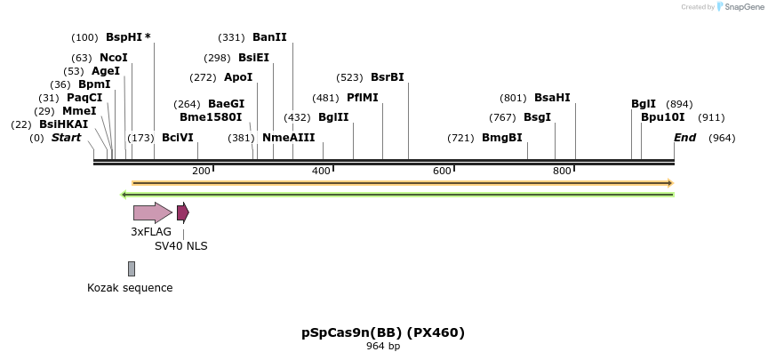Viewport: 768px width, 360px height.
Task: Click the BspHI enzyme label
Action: point(124,37)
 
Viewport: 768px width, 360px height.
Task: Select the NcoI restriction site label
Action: point(113,57)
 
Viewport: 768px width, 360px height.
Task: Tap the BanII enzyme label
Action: point(269,37)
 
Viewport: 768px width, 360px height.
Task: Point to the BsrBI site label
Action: point(387,77)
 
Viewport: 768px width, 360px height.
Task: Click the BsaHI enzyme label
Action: point(552,98)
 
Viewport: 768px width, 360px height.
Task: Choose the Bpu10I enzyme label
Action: point(662,117)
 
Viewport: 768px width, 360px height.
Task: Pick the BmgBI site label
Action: point(501,138)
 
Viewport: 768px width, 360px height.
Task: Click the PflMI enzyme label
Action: point(362,98)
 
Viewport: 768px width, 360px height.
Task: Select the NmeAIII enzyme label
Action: point(288,138)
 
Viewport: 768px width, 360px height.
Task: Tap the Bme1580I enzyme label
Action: point(211,117)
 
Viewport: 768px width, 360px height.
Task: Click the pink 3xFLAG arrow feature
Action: point(152,212)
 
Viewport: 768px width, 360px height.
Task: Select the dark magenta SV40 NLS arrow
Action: point(182,212)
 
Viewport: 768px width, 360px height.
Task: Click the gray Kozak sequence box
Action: point(132,268)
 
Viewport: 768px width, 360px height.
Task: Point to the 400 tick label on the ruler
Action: point(321,171)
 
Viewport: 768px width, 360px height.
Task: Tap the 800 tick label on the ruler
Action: point(561,171)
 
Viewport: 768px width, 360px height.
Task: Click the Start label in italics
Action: point(66,138)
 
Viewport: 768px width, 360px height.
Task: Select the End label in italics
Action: point(684,138)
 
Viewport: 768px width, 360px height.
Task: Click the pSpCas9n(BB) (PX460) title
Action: point(383,332)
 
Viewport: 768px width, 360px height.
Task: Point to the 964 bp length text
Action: point(383,347)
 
